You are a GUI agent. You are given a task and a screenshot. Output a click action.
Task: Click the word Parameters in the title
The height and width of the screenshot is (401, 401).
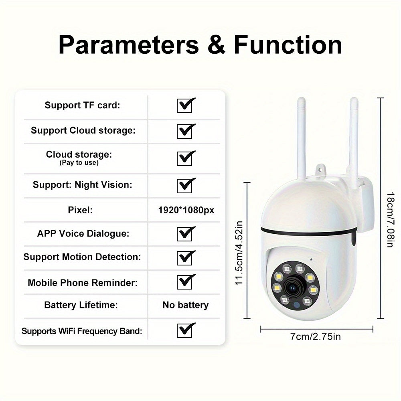(x=128, y=45)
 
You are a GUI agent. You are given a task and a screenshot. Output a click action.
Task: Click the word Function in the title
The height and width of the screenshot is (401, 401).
(x=288, y=45)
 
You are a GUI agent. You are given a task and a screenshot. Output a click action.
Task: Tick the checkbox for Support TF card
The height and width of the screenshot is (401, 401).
(x=184, y=106)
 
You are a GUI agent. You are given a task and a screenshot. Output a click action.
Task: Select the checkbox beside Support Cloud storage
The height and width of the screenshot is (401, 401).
(x=184, y=131)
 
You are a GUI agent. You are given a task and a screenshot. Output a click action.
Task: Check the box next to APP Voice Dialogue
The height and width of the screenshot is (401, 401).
(x=184, y=234)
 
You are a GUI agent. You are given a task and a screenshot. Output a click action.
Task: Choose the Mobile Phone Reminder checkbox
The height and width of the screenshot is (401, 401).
(x=184, y=282)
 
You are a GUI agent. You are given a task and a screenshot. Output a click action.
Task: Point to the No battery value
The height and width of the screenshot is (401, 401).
(x=185, y=305)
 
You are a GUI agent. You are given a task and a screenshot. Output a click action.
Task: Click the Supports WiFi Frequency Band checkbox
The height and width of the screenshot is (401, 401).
(x=184, y=330)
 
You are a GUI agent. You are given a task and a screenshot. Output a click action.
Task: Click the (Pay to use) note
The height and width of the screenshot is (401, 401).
(x=79, y=163)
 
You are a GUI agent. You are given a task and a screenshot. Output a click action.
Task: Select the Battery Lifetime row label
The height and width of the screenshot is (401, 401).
(x=81, y=305)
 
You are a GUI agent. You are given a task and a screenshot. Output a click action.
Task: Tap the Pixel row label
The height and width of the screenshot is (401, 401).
(x=80, y=210)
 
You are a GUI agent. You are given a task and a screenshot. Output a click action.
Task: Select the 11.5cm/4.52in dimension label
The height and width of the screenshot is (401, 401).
(x=239, y=253)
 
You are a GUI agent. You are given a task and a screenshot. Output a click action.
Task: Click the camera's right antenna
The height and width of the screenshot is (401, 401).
(x=354, y=136)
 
